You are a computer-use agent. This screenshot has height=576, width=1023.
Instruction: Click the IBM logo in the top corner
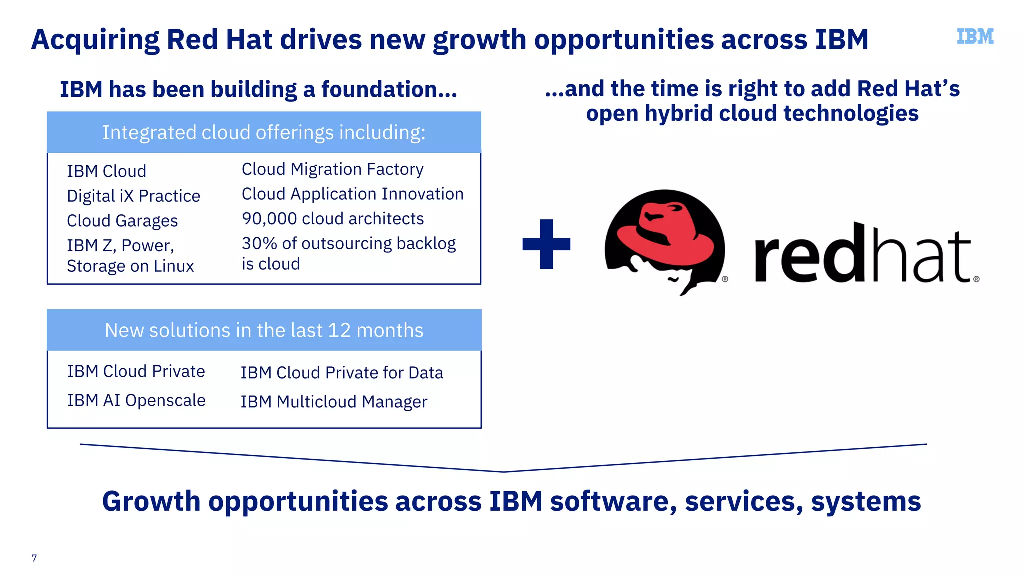click(975, 36)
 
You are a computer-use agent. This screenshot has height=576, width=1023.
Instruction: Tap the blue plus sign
click(546, 244)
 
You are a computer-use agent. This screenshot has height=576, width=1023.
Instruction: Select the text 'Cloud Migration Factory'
click(332, 169)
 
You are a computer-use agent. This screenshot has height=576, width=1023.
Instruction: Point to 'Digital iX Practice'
click(133, 196)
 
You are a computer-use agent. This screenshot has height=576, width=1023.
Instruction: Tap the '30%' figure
click(259, 243)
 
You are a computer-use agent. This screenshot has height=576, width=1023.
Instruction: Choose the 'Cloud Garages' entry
click(122, 221)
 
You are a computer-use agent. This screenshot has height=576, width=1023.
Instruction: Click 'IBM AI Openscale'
click(136, 400)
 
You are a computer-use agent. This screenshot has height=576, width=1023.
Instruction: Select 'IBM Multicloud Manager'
click(334, 402)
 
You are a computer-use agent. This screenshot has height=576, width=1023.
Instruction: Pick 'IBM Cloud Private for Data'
click(342, 373)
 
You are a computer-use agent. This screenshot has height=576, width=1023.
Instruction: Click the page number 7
click(34, 558)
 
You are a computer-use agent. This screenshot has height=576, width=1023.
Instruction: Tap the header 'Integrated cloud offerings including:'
click(264, 133)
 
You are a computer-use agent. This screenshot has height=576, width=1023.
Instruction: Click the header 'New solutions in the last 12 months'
click(264, 330)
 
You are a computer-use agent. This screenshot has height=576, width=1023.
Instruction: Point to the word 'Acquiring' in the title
click(95, 40)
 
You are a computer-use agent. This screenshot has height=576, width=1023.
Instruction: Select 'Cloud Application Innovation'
click(352, 194)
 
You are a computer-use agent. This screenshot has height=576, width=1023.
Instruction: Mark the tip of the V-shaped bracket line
click(504, 471)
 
